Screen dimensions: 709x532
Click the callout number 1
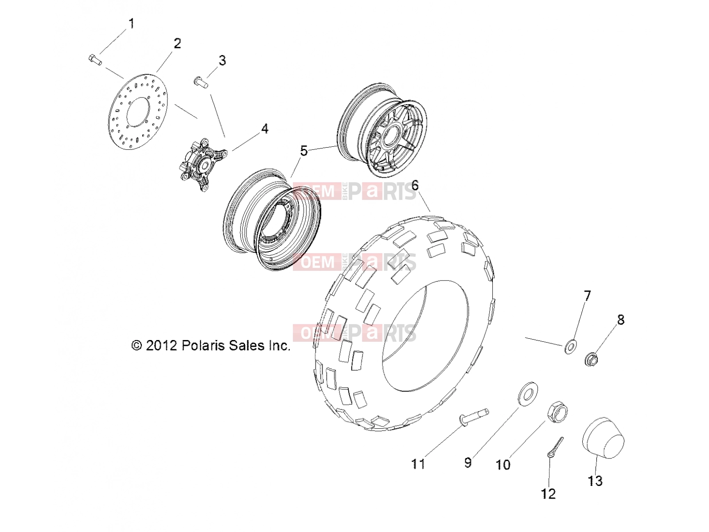pyautogui.click(x=131, y=23)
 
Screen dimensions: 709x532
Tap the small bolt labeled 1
pyautogui.click(x=95, y=60)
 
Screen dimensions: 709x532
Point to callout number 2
pyautogui.click(x=177, y=43)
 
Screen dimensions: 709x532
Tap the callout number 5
pyautogui.click(x=304, y=151)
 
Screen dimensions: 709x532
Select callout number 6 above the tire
pyautogui.click(x=415, y=185)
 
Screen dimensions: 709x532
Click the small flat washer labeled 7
pyautogui.click(x=571, y=347)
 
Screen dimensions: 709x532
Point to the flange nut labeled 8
pyautogui.click(x=592, y=359)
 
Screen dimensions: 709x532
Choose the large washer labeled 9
pyautogui.click(x=527, y=393)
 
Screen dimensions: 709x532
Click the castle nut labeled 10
pyautogui.click(x=557, y=412)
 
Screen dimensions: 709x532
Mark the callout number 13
pyautogui.click(x=595, y=481)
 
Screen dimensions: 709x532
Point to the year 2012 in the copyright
pyautogui.click(x=161, y=346)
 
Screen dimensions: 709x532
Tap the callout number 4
pyautogui.click(x=265, y=129)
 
